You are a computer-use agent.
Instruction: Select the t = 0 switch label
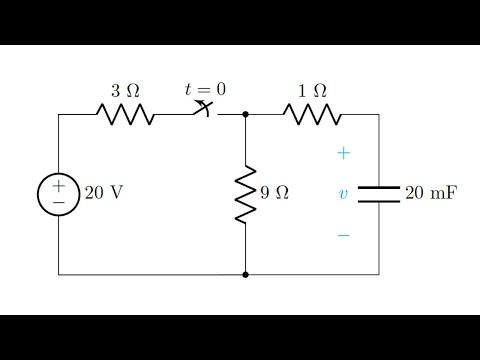[205, 89]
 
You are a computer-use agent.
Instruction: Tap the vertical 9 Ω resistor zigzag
[245, 194]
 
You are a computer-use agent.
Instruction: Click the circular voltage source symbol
[58, 194]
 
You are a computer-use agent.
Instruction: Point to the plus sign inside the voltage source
[58, 185]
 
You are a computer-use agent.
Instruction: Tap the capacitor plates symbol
[378, 194]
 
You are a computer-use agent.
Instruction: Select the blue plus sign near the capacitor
[343, 153]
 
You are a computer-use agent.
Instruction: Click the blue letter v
[343, 194]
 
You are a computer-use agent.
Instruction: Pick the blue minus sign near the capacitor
[343, 236]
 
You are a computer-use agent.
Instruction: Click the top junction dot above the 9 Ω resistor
[245, 114]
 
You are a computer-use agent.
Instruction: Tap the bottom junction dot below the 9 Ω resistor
[245, 274]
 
